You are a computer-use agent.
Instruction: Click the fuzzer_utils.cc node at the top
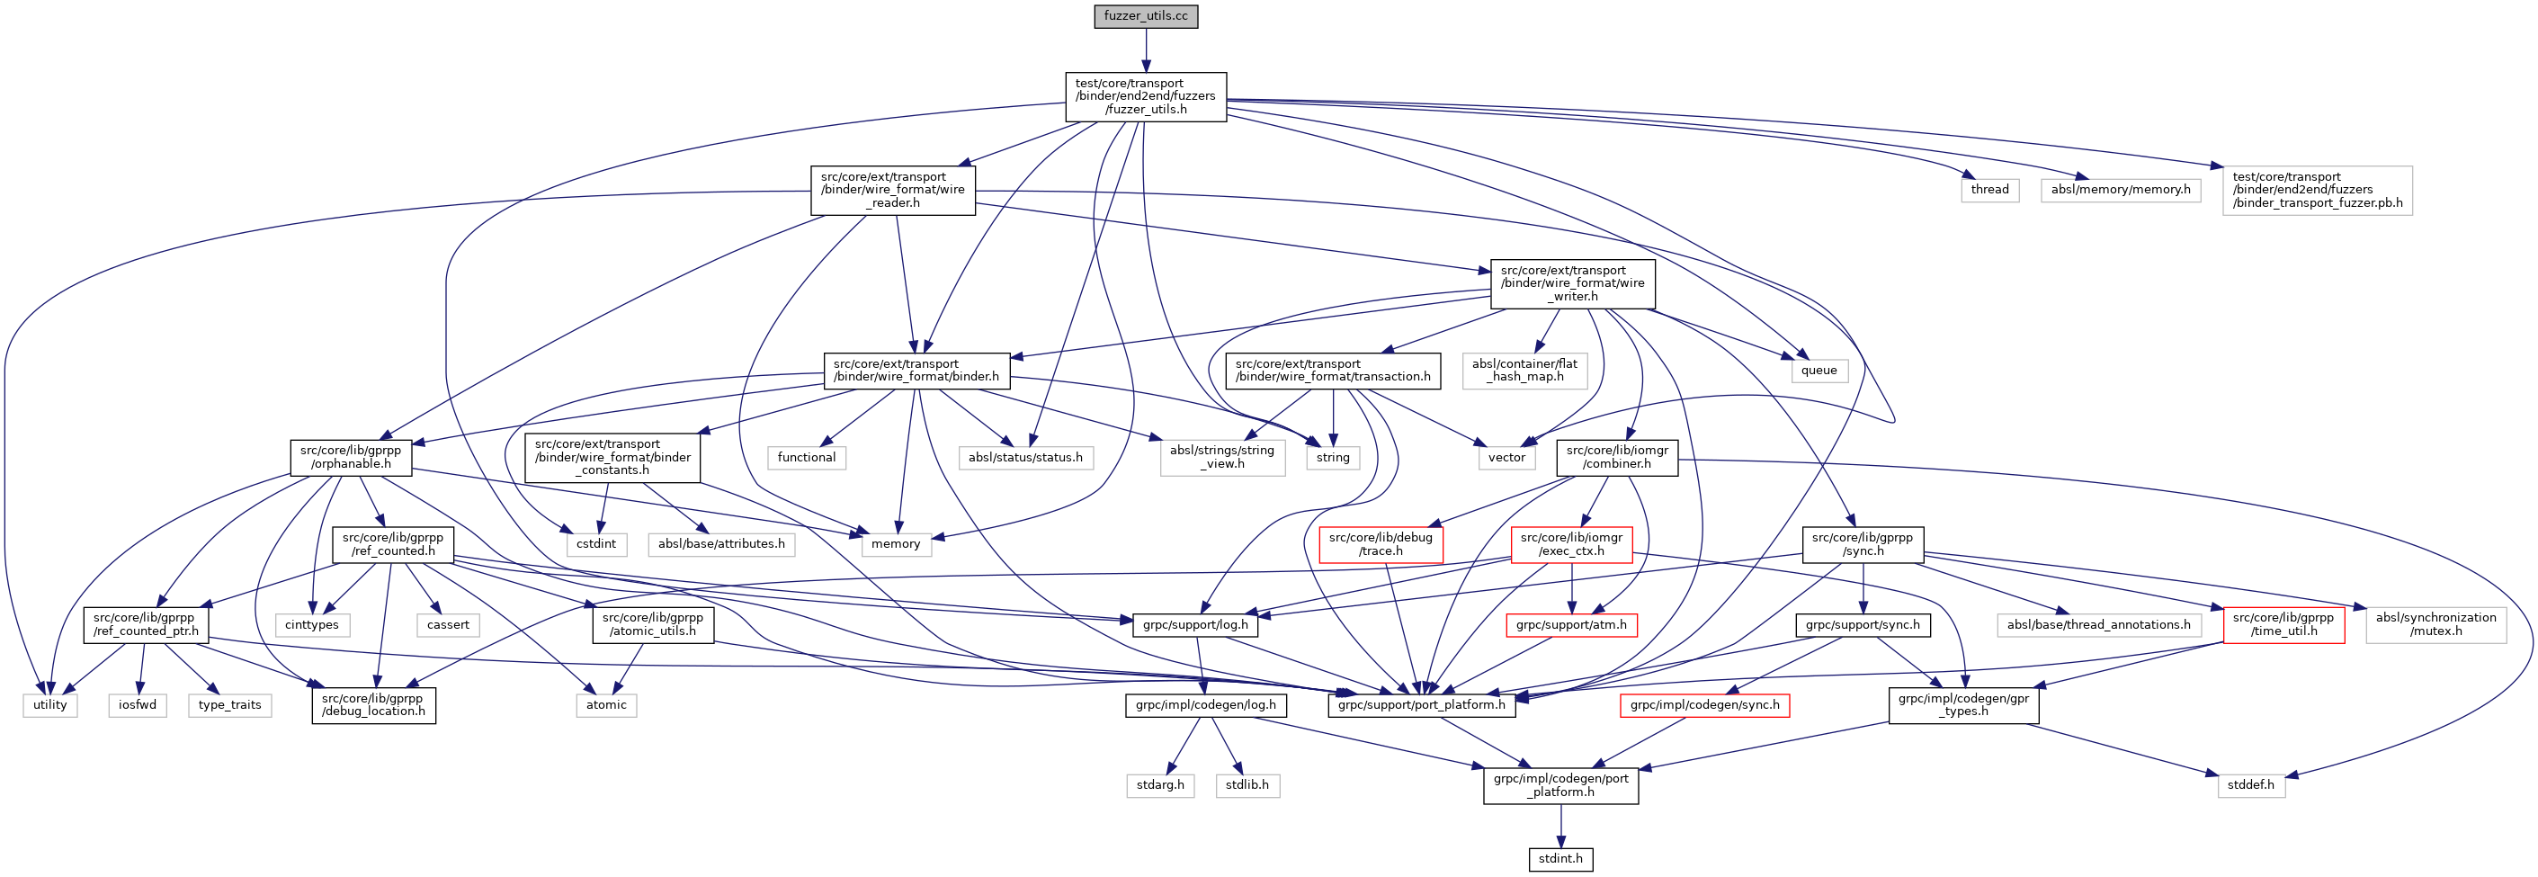pos(1145,17)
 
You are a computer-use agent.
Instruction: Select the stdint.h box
pos(1560,858)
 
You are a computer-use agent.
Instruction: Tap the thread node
pos(1989,189)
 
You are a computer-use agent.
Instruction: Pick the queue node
pos(1819,371)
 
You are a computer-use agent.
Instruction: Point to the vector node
pos(1506,457)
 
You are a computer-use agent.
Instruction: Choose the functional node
pos(806,457)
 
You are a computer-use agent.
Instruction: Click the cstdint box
pos(596,544)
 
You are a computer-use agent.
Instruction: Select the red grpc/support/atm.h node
pos(1571,625)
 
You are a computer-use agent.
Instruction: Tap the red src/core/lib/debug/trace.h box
pos(1381,544)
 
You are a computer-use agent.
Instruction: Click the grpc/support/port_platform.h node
pos(1422,704)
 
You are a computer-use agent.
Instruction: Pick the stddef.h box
pos(2251,785)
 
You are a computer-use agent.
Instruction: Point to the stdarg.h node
pos(1159,785)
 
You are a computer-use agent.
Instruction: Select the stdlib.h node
pos(1247,785)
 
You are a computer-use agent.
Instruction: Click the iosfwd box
pos(138,704)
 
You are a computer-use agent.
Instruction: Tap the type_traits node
pos(229,704)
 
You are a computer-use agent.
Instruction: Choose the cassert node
pos(448,625)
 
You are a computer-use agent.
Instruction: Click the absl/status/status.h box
pos(1024,457)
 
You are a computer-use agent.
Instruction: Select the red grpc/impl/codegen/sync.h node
pos(1704,704)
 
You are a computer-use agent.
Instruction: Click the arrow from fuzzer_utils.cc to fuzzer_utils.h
pos(1146,49)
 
